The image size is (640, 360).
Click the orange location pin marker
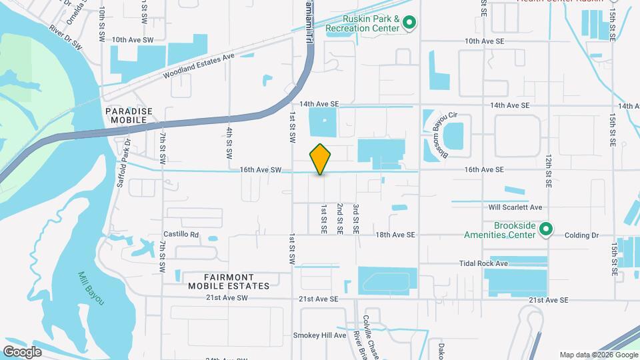point(321,159)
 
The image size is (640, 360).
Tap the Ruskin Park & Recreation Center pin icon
point(410,24)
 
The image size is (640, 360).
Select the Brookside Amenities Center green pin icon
point(546,230)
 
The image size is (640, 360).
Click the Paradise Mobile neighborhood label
point(129,115)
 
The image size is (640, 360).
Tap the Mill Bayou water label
point(91,289)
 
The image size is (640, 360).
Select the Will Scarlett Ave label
point(515,207)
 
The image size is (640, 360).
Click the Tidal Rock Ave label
point(483,264)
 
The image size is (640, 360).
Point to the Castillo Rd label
point(181,235)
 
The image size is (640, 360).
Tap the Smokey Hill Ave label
point(320,335)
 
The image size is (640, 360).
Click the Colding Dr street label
point(582,235)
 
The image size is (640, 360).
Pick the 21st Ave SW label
point(226,298)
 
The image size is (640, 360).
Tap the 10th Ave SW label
point(133,40)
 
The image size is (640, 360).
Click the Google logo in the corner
point(22,351)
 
